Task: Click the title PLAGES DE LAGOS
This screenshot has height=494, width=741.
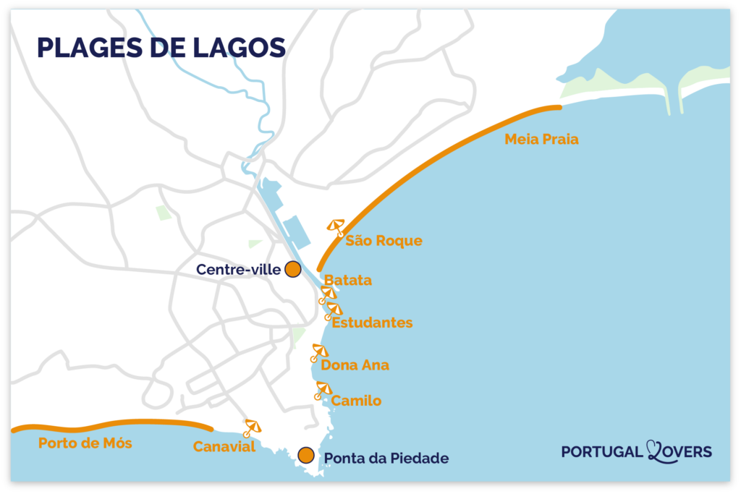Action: tap(161, 47)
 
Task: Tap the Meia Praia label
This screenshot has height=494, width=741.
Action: tap(541, 140)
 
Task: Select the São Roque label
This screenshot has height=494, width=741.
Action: tap(384, 241)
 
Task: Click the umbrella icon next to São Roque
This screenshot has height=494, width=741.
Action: tap(336, 227)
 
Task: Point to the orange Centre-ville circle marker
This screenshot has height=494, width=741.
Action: tap(292, 269)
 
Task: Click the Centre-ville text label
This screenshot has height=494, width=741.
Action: tap(238, 270)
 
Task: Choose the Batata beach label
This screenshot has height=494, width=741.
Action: tap(348, 280)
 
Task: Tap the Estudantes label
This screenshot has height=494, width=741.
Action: tap(372, 323)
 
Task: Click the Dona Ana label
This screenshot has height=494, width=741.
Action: tap(355, 365)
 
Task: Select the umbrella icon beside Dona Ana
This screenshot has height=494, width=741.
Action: tap(318, 352)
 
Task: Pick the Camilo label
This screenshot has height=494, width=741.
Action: tap(356, 401)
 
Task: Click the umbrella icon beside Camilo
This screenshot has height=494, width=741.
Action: tap(323, 391)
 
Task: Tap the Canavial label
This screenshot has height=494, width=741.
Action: tap(224, 447)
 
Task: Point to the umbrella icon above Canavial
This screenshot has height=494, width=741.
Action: tap(252, 427)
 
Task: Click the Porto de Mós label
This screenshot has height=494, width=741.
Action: tap(85, 443)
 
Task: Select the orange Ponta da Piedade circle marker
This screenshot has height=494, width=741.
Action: tap(306, 455)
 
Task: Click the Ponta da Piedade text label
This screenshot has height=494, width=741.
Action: tap(386, 459)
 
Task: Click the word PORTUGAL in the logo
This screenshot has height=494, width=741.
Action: tap(602, 452)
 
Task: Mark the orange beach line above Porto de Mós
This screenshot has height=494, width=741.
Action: tap(109, 422)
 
